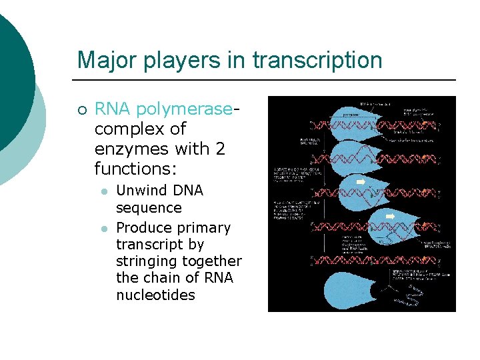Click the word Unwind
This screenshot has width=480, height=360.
point(143,191)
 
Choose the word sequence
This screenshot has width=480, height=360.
point(149,208)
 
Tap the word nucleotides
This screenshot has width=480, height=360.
point(155,295)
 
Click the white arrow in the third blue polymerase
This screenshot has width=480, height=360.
point(361,181)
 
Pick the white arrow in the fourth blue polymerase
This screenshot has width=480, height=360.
point(391,216)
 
